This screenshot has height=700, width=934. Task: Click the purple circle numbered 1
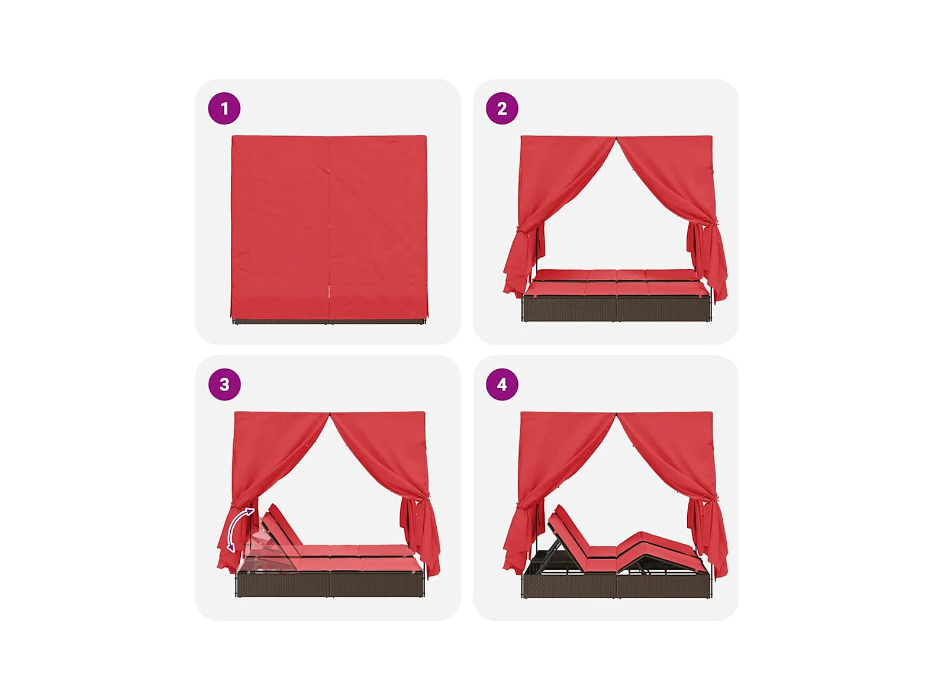(x=224, y=108)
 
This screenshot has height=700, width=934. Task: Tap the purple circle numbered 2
(x=502, y=108)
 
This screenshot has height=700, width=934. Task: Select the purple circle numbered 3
(x=224, y=385)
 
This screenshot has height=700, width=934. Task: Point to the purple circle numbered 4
(x=502, y=385)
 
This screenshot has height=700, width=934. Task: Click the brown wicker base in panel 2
(x=617, y=309)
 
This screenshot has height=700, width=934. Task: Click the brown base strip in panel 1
(x=329, y=321)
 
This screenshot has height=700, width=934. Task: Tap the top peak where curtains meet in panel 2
(x=617, y=137)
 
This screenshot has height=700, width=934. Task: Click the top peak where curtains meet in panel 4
(x=617, y=414)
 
